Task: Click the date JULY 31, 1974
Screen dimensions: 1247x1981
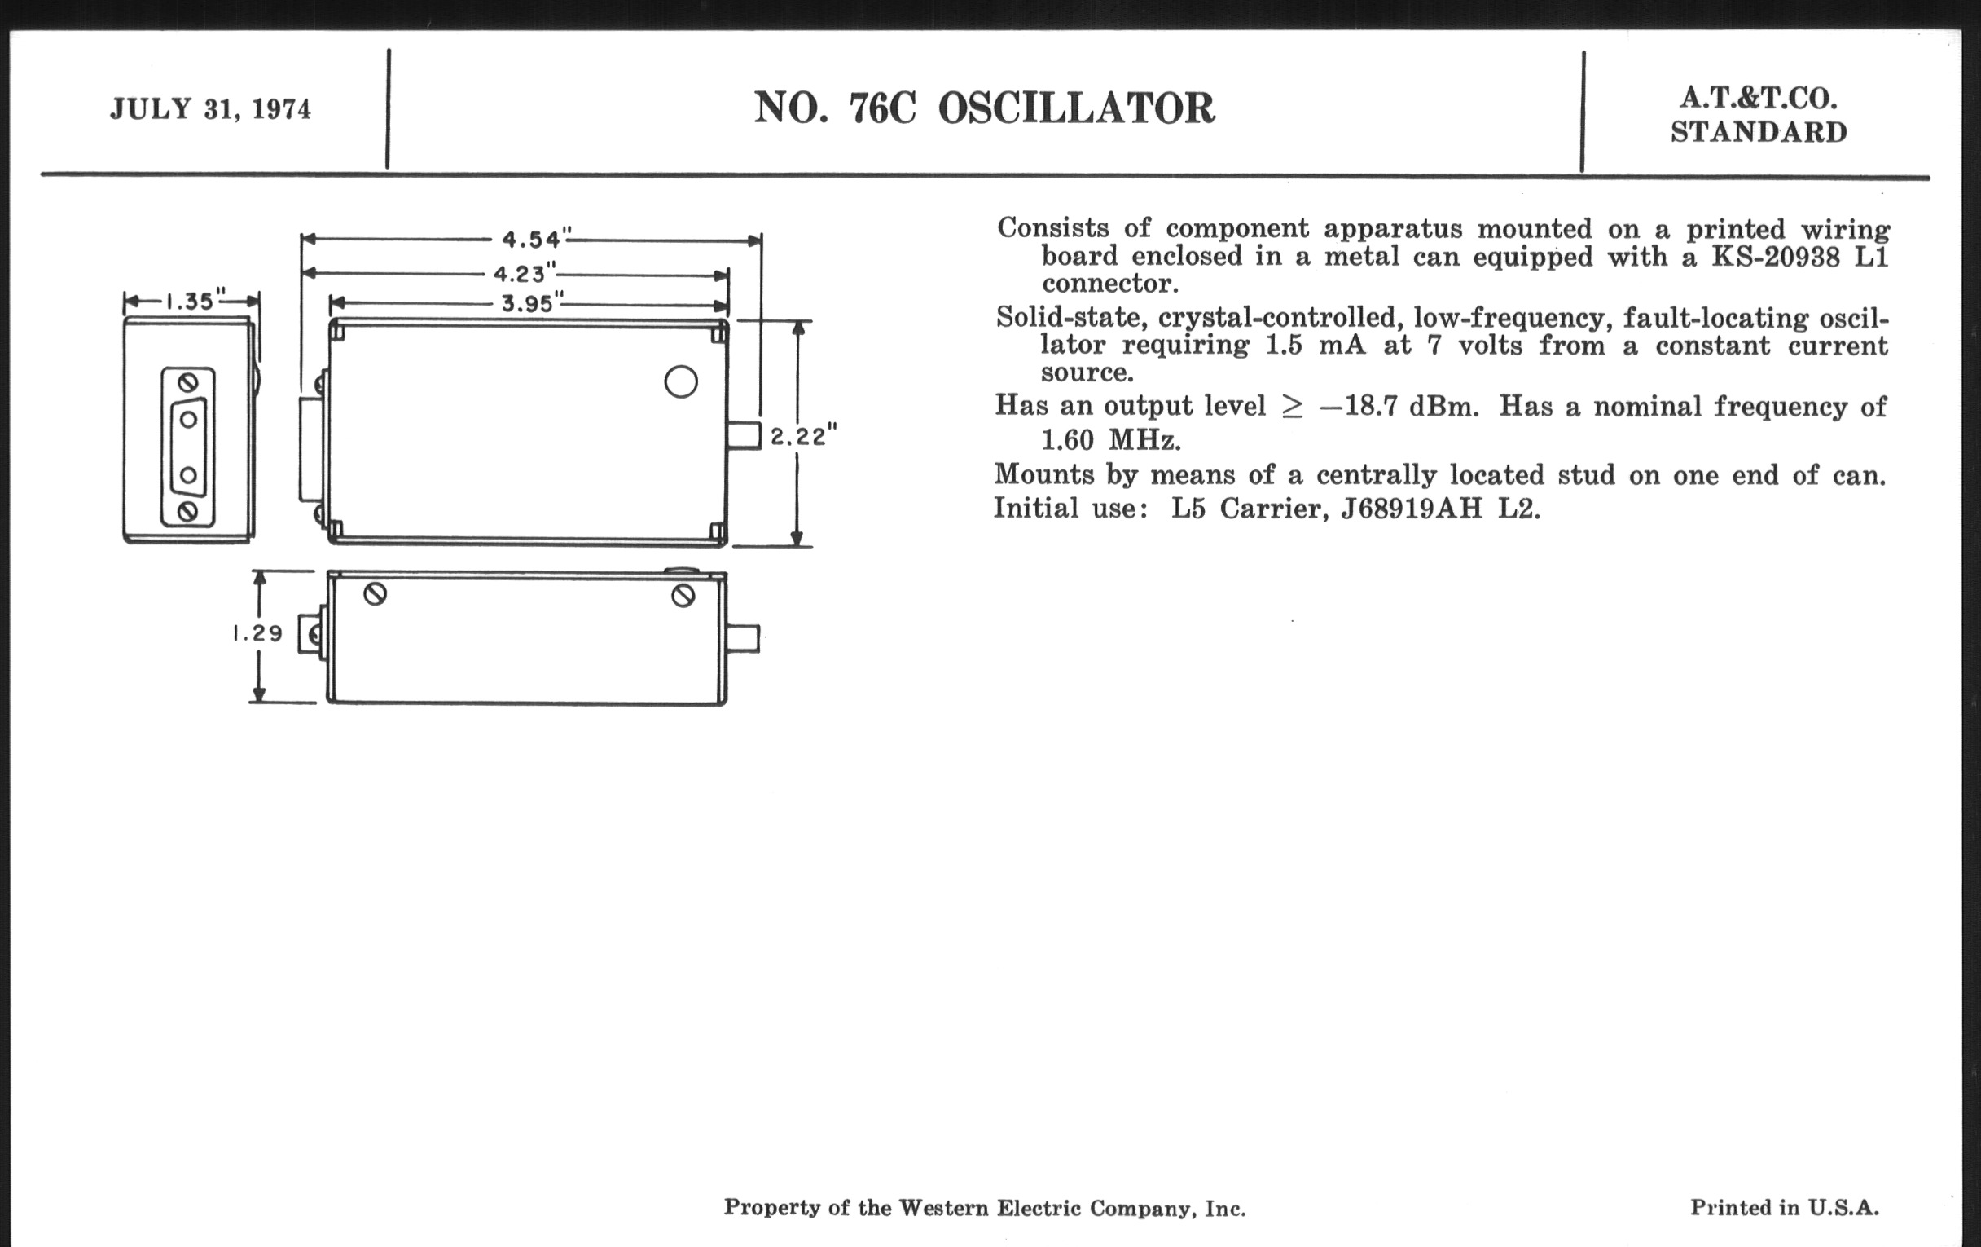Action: coord(211,109)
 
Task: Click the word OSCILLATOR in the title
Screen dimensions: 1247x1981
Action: coord(1076,108)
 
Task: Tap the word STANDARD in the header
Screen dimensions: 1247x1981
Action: coord(1759,133)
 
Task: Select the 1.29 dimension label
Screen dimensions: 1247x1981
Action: coord(257,633)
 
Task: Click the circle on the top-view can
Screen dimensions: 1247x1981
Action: coord(681,382)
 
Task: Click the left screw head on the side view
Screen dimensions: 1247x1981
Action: coord(376,594)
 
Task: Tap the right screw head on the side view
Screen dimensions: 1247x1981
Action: coord(683,596)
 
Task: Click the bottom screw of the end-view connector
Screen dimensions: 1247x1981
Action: coord(187,512)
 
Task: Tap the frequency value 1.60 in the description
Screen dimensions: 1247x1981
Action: coord(1068,441)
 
